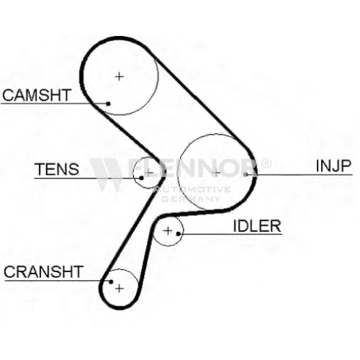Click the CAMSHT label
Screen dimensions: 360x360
pos(37,95)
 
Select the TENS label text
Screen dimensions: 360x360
pos(57,169)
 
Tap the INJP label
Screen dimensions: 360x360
pos(333,166)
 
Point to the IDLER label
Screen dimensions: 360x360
pos(257,226)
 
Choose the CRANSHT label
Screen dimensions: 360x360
pos(44,271)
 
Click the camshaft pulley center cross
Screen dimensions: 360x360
pos(120,76)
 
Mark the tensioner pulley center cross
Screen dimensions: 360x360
pos(149,172)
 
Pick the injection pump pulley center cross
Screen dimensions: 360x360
pos(216,173)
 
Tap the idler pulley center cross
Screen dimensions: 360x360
pos(168,231)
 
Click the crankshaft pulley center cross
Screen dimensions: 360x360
pos(120,288)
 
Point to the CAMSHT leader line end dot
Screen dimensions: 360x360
pos(108,104)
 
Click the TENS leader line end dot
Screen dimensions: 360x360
pos(142,178)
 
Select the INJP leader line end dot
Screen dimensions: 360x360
pos(246,174)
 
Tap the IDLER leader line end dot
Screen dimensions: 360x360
pos(178,233)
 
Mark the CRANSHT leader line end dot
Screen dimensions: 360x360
pos(111,282)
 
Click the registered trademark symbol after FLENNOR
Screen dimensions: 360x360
pos(266,163)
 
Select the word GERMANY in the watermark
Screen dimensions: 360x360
pos(191,199)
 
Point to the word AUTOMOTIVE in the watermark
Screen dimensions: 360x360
pos(192,189)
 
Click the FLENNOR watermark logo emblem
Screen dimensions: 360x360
pos(106,174)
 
